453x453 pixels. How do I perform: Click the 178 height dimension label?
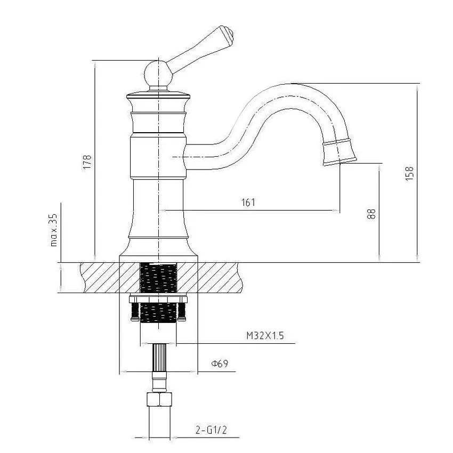click(x=87, y=162)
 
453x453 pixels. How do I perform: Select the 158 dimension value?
click(x=409, y=173)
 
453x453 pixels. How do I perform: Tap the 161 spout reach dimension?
click(x=248, y=202)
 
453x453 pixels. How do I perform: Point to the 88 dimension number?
click(x=372, y=213)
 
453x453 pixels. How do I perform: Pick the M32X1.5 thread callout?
click(x=265, y=336)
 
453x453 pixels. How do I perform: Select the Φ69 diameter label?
click(x=220, y=364)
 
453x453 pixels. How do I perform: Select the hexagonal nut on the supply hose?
click(x=159, y=399)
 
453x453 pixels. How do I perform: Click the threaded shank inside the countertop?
click(x=158, y=277)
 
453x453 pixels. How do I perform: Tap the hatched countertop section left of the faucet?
click(x=99, y=277)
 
